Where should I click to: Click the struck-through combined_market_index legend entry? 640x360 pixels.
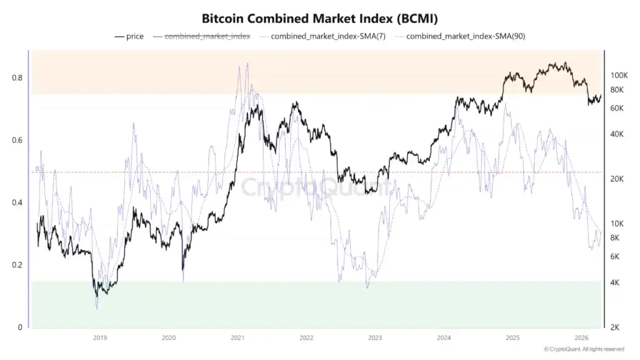point(207,36)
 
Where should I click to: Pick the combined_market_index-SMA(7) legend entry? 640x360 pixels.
point(328,36)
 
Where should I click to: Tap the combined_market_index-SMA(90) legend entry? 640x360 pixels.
point(465,36)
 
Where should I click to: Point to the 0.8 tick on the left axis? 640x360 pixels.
point(17,78)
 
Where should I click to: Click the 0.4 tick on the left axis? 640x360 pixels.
point(17,202)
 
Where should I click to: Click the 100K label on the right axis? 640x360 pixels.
point(618,75)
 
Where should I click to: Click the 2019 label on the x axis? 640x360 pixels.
point(100,338)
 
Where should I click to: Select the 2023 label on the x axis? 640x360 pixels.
point(375,338)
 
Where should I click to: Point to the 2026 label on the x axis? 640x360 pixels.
point(581,338)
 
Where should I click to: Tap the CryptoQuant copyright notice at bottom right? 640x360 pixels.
point(584,349)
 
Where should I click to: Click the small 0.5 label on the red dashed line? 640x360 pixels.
point(39,169)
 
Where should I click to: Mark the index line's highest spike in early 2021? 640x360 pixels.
point(247,63)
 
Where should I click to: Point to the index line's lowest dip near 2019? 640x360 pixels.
point(97,309)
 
